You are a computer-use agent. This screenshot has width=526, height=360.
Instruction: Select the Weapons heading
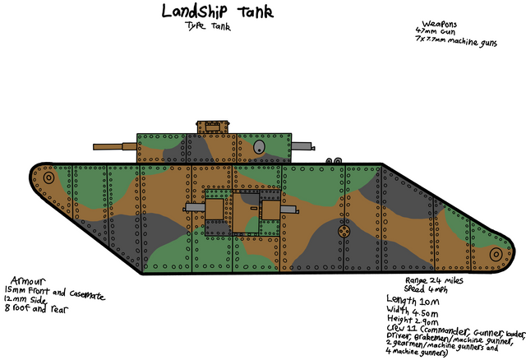pos(441,24)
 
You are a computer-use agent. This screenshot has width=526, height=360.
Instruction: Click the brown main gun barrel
pos(113,145)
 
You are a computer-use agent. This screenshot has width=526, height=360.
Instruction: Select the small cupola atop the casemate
pos(213,125)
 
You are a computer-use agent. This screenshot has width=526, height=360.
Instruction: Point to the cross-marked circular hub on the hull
pos(344,233)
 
